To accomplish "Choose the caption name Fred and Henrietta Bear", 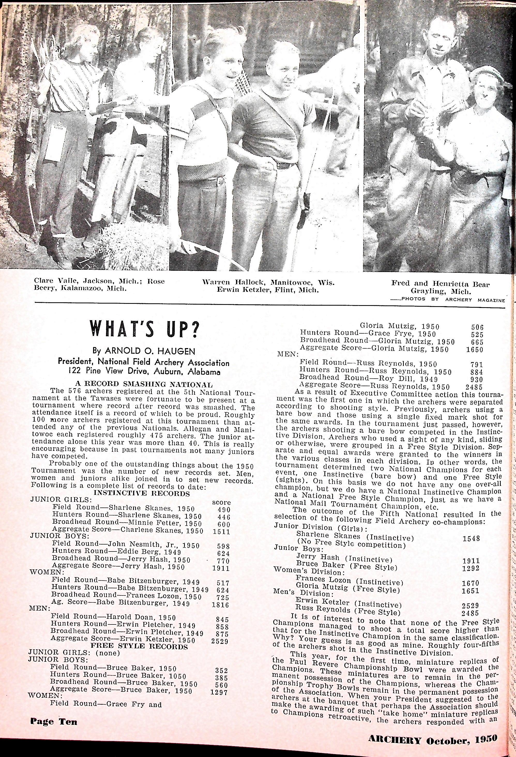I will coord(441,284).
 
